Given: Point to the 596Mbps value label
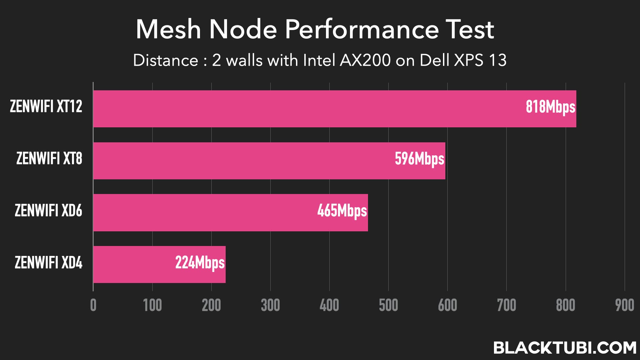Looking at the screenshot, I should pos(419,159).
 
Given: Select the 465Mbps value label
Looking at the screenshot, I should pos(342,211).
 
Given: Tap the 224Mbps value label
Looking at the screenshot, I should pos(200,263).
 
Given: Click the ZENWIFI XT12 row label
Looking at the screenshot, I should pos(46,107).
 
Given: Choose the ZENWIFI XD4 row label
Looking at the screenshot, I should pos(48,263).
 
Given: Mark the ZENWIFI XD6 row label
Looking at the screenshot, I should pos(48,211).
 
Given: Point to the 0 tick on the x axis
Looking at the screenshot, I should pos(93,305).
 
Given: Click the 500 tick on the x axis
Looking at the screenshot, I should pos(388,305).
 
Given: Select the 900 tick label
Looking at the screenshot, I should pos(624,305).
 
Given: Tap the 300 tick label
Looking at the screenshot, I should pos(270,305).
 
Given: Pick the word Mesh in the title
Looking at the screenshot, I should pos(168,29).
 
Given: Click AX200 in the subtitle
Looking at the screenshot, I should pos(365,60).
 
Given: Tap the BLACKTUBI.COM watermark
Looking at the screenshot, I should pos(565,348).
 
